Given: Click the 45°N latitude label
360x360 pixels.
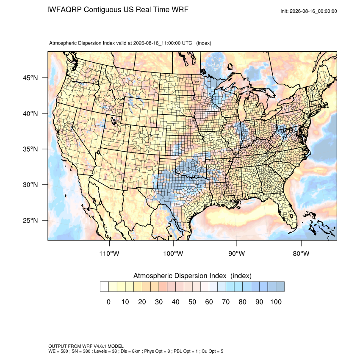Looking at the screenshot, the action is point(30,78).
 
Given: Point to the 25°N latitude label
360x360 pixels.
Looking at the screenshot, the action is point(30,220).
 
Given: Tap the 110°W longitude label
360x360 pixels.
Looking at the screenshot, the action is point(109,253).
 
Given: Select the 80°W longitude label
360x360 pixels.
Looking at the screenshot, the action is point(301,253).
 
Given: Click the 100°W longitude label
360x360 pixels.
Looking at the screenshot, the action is point(173,253).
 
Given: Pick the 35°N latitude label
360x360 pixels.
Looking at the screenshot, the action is point(30,149).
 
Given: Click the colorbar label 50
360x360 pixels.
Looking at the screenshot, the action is point(192,302).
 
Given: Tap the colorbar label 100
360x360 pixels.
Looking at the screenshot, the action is point(276,302).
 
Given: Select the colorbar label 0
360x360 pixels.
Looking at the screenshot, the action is point(108,302).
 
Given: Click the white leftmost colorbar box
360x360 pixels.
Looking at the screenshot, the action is point(105,287).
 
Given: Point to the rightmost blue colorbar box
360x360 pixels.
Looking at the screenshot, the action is point(280,287).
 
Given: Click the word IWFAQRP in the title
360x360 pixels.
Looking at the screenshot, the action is point(64,10).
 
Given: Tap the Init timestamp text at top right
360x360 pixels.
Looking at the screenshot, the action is point(309,11).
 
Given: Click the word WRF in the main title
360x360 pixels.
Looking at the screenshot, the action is point(181,10).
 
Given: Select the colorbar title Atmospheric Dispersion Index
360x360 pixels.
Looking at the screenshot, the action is point(180,276).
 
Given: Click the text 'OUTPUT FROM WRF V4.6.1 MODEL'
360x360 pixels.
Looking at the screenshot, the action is point(86,346).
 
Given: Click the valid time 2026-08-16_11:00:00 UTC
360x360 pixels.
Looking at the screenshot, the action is point(163,43).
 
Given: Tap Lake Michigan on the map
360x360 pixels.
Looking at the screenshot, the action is point(242,108).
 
